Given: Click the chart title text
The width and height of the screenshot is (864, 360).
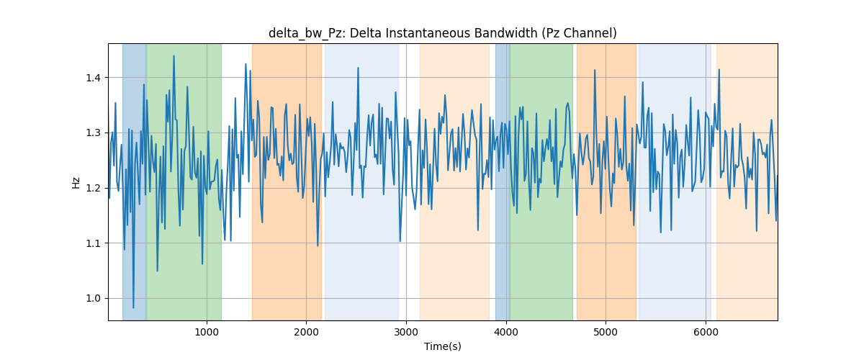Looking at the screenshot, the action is click(x=442, y=34).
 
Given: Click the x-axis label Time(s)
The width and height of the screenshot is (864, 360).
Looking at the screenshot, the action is click(x=442, y=346).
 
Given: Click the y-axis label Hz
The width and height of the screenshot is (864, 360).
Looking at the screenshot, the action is click(x=76, y=182).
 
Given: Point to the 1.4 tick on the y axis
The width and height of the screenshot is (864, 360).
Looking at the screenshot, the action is click(x=93, y=78).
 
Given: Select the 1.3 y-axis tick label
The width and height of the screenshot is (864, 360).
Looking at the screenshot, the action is click(x=93, y=133).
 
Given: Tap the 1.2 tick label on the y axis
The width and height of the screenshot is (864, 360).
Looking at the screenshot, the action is click(x=93, y=189).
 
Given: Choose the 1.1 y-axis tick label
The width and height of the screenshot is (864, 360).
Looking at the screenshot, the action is click(x=93, y=243).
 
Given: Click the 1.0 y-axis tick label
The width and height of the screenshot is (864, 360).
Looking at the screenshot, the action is click(x=93, y=299).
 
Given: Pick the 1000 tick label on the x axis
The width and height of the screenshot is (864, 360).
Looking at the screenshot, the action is click(x=207, y=332).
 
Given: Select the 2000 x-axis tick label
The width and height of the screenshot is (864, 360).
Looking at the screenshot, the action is click(x=306, y=332).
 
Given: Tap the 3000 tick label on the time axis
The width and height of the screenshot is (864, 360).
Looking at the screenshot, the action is click(x=406, y=332).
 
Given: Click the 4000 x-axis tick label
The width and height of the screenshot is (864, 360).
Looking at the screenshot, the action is click(x=506, y=332).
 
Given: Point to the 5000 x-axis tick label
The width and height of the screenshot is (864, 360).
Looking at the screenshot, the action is click(x=606, y=332).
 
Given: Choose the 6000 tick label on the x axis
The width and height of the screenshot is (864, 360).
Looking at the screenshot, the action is click(x=706, y=332).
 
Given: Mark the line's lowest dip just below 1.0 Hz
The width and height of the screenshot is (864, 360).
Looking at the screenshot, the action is click(x=133, y=307).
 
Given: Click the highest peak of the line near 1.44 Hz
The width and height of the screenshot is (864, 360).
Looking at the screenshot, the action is click(x=174, y=56).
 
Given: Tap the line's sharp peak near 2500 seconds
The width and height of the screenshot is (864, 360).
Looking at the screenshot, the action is click(x=358, y=68).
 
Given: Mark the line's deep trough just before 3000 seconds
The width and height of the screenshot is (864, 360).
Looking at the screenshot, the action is click(x=400, y=241).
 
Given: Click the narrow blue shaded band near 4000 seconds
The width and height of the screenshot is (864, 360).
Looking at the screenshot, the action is click(x=503, y=181).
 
